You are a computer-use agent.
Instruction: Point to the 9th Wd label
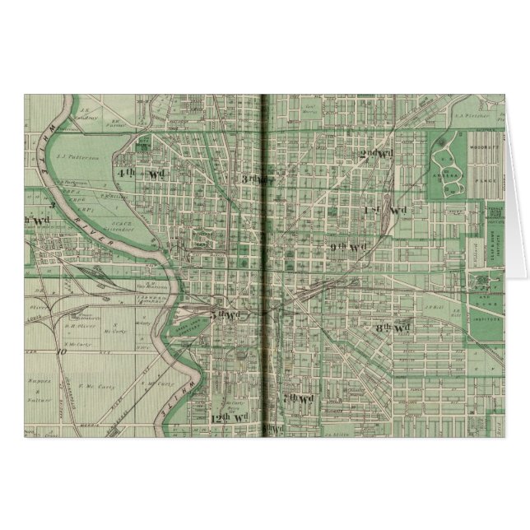[x=348, y=247]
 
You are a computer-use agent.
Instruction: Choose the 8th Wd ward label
[x=392, y=328]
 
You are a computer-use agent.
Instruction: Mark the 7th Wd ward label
[x=298, y=398]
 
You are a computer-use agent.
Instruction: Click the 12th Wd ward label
[x=222, y=418]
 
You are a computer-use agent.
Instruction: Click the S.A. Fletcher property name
[x=465, y=115]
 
